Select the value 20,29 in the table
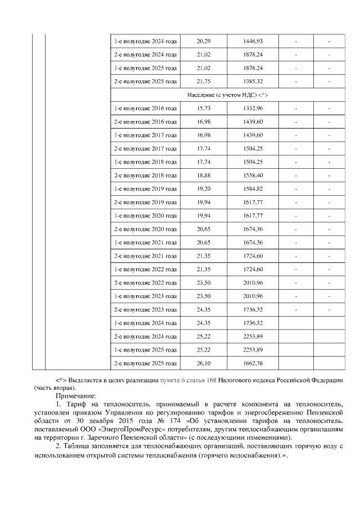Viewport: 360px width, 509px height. (x=203, y=41)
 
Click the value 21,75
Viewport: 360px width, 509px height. (x=203, y=82)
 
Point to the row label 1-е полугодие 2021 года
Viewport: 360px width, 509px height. (x=145, y=242)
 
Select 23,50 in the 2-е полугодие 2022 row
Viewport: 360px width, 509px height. (x=203, y=282)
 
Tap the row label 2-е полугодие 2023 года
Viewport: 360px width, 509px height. (x=145, y=309)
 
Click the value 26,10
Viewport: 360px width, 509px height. (x=203, y=363)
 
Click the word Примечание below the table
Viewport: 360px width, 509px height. (x=75, y=396)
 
